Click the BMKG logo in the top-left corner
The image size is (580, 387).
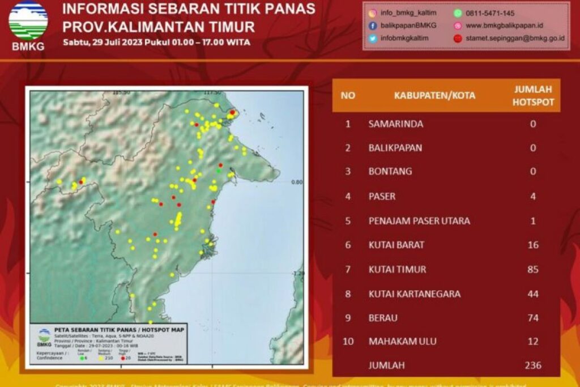28,25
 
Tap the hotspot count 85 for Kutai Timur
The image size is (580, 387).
532,270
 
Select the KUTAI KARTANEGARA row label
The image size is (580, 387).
414,294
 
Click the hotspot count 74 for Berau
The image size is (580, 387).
532,318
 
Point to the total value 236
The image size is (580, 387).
532,365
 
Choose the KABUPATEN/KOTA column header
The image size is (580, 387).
434,95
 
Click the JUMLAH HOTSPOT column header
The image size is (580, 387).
532,95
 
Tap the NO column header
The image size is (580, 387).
348,95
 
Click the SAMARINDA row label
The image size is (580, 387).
395,124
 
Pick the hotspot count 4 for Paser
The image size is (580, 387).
532,197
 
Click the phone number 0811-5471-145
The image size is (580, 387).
490,13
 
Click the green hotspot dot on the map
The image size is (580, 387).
219,171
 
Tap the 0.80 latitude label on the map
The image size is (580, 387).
297,182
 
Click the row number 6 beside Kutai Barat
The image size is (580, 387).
348,245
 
